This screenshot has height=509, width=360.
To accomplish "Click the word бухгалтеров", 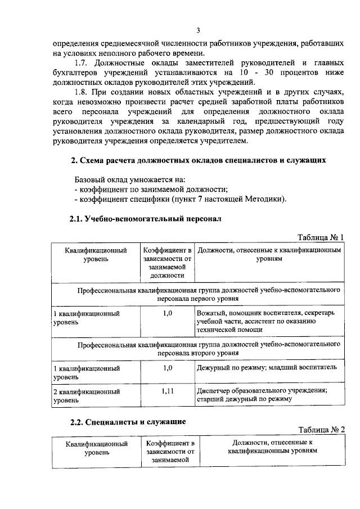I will click(75, 73).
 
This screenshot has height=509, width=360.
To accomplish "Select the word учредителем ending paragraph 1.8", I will click(224, 141).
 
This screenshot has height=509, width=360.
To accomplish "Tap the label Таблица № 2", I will click(320, 430).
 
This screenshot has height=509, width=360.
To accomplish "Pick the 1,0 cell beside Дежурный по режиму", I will click(166, 367).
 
